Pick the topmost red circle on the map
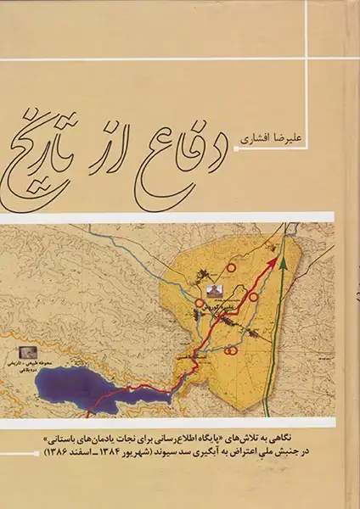pyautogui.click(x=230, y=268)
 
